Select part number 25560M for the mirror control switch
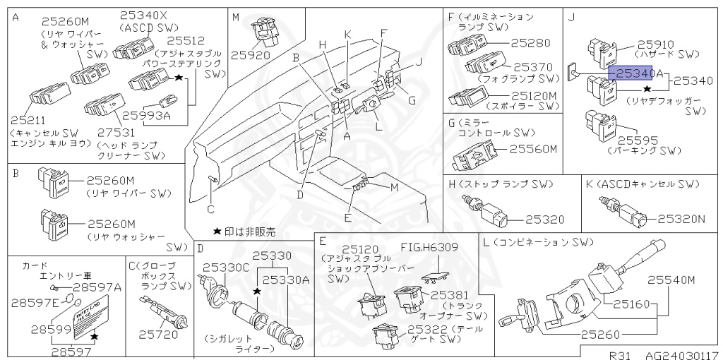point(534,149)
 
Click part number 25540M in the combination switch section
point(671,280)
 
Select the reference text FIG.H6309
point(429,247)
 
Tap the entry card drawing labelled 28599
point(83,317)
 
